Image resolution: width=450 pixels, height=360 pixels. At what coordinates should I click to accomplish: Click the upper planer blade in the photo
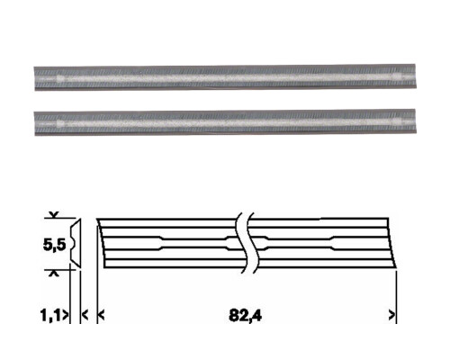225,77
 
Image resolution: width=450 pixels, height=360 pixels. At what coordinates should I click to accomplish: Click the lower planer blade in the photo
225,122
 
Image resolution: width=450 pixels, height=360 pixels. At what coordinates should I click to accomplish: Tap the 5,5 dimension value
54,245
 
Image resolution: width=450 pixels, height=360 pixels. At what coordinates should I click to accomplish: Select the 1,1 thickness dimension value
51,316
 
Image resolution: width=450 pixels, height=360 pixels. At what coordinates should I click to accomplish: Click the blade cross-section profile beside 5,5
76,243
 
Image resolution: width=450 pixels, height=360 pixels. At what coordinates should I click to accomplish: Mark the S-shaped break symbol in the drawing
247,243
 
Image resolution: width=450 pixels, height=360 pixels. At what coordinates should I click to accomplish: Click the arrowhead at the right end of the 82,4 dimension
391,315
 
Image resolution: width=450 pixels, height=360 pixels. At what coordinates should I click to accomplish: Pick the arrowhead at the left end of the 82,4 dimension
102,315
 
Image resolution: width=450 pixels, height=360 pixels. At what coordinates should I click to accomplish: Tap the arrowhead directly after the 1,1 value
66,315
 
